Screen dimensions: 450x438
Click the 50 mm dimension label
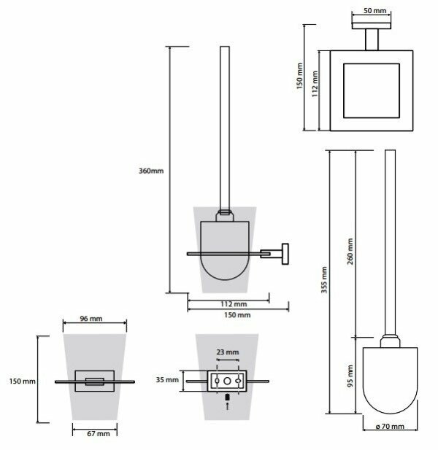click(x=366, y=12)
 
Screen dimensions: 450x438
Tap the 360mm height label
click(x=152, y=171)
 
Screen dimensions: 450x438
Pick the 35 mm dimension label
click(x=167, y=379)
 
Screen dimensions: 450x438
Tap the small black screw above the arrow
click(x=228, y=397)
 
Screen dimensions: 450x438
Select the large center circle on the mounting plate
click(x=228, y=381)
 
